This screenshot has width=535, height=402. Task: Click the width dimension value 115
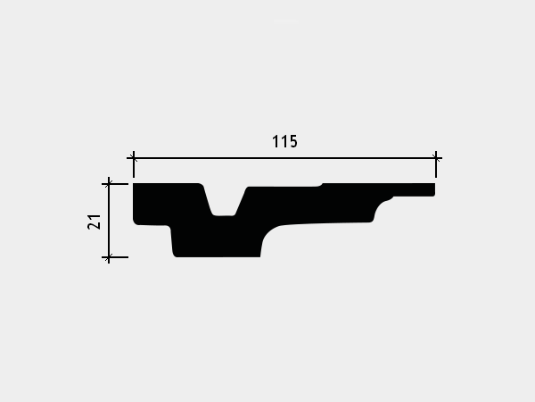click(284, 141)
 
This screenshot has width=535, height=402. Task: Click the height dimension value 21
click(95, 222)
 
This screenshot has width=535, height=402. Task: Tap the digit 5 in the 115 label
click(293, 141)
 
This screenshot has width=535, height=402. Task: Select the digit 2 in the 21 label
click(95, 226)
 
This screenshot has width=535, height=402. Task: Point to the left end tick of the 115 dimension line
click(134, 158)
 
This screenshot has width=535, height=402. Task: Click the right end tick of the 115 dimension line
click(436, 158)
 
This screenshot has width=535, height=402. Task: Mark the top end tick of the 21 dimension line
click(109, 184)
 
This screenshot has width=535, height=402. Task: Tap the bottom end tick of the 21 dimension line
click(109, 257)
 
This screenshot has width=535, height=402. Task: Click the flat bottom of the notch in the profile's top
click(224, 215)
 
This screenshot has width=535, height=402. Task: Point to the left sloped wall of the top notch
click(208, 200)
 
